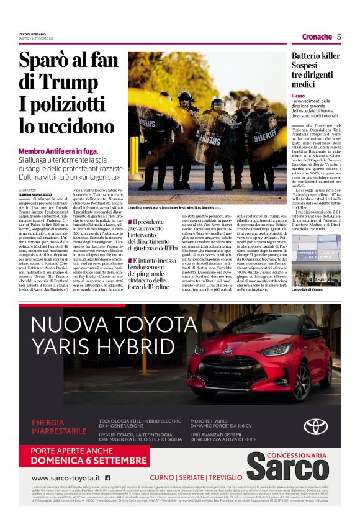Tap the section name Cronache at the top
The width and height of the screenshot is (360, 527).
(317, 37)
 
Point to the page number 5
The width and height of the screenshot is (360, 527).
(339, 37)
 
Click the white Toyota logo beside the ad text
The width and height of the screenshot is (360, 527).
(315, 426)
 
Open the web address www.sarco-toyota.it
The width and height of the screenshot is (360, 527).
(65, 478)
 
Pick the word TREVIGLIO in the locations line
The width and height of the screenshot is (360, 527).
(220, 478)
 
